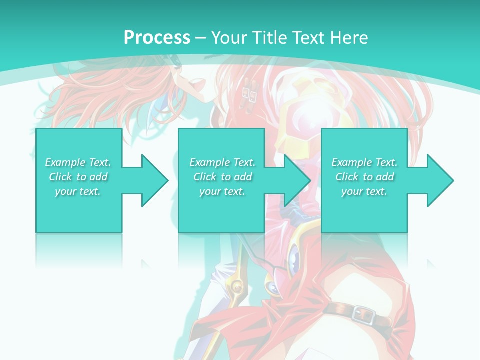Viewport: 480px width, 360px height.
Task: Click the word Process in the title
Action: [x=157, y=37]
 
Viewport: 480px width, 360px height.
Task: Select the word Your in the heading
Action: [x=229, y=37]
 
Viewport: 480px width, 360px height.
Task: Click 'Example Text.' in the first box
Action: [x=78, y=162]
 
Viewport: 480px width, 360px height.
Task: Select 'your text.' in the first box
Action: [x=78, y=191]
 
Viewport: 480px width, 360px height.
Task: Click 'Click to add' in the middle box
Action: [x=222, y=177]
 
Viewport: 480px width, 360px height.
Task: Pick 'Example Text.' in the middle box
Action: [x=222, y=162]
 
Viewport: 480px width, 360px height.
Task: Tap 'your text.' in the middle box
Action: [x=222, y=191]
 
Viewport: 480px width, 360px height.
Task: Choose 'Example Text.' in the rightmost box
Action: [x=364, y=162]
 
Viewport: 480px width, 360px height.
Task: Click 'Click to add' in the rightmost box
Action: [x=364, y=177]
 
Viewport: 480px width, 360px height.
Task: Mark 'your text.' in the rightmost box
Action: [x=364, y=191]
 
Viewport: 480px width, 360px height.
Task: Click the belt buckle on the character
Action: [x=363, y=314]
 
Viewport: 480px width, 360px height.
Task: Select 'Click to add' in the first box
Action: [x=78, y=177]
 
